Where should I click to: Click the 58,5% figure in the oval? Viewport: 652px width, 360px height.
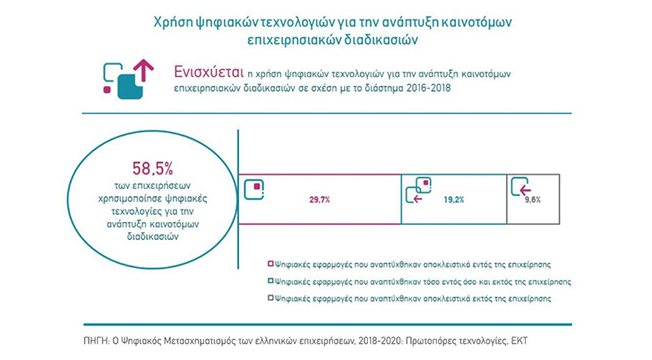click(x=152, y=168)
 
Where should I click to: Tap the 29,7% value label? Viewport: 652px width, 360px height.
click(x=320, y=200)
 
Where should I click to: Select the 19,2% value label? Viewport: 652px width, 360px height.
click(x=454, y=200)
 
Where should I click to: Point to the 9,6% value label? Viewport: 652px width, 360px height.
click(x=533, y=200)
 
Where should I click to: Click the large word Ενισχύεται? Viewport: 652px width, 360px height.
click(x=209, y=73)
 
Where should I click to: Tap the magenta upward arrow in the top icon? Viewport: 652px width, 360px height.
click(x=144, y=70)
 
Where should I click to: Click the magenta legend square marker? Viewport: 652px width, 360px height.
click(x=270, y=264)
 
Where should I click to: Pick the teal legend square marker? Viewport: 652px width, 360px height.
click(x=270, y=281)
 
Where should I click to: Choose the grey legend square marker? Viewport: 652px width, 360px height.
click(x=270, y=298)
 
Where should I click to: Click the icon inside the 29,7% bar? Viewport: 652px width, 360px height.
click(x=254, y=190)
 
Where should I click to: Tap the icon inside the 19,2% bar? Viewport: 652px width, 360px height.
click(x=418, y=190)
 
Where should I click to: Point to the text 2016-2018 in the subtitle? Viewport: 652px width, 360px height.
click(x=428, y=88)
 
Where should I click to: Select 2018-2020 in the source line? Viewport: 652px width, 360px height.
click(x=380, y=341)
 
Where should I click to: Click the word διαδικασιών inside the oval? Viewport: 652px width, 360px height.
click(x=152, y=236)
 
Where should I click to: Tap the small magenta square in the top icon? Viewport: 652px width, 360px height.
click(x=107, y=90)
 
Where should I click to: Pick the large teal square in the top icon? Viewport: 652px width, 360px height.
click(x=130, y=87)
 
